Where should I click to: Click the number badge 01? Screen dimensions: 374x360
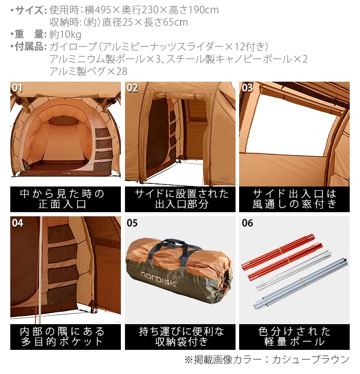pos(17,88)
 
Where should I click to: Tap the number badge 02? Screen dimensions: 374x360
pos(132,88)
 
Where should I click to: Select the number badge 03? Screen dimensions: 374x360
pos(247,88)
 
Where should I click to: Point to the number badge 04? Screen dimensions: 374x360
pos(17,223)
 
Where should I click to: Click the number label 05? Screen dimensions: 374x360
pos(132,223)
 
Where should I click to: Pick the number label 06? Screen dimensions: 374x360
pos(247,223)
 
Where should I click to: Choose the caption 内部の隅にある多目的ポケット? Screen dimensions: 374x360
pos(65,336)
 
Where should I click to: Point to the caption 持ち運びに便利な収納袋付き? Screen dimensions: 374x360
pos(180,336)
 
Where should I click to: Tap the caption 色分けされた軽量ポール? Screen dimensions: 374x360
pos(295,336)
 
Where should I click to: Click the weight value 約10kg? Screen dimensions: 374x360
pos(65,35)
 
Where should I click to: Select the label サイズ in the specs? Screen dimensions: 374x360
pos(29,10)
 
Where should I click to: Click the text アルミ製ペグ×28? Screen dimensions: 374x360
pos(88,71)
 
